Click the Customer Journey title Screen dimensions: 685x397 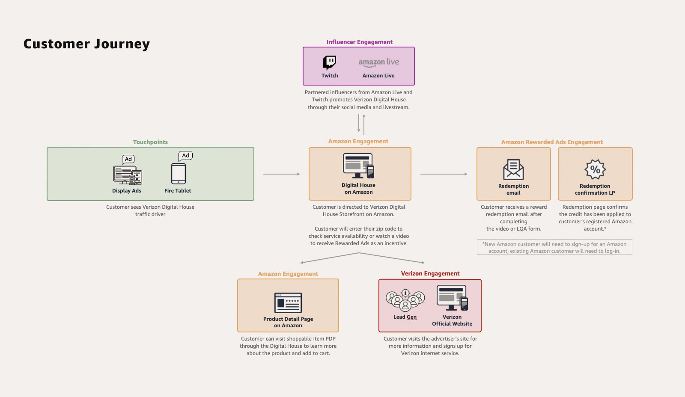[x=86, y=44]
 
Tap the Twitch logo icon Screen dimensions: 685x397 [x=330, y=62]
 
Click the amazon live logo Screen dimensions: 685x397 [x=378, y=62]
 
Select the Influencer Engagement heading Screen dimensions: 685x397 [x=359, y=42]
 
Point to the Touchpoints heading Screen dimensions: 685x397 [x=150, y=142]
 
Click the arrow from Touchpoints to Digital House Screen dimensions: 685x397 [x=281, y=174]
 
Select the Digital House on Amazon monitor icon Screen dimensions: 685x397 [x=359, y=166]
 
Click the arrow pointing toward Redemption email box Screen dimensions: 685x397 [x=444, y=174]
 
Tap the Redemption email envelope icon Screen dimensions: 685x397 [x=513, y=169]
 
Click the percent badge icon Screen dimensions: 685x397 [x=595, y=169]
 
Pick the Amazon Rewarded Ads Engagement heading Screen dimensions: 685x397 [x=552, y=142]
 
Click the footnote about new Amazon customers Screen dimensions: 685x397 [x=554, y=247]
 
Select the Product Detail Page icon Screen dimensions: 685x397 [x=288, y=302]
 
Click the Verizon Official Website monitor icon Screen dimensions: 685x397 [x=452, y=298]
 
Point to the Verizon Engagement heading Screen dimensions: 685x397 [x=430, y=273]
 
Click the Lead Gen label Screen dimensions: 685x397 [x=405, y=317]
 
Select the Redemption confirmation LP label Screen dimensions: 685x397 [x=595, y=190]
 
